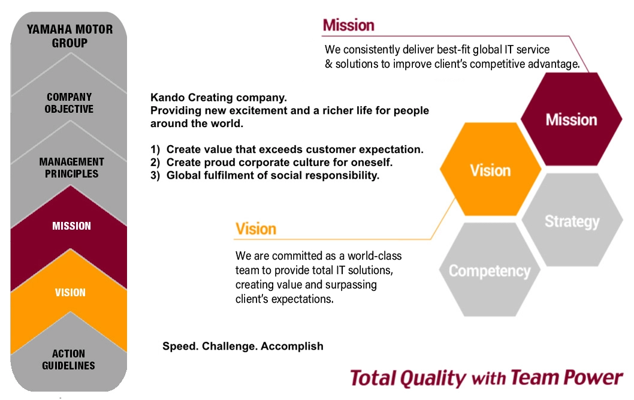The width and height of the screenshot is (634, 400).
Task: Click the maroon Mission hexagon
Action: pos(571,119)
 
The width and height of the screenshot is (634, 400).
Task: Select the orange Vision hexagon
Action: pos(490,169)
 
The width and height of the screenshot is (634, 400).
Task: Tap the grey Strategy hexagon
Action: pos(572,220)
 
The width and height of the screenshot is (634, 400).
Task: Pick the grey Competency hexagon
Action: pos(490,270)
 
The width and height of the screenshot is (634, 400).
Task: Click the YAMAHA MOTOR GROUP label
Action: pos(70,36)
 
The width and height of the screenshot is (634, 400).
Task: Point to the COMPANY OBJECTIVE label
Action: pos(69,103)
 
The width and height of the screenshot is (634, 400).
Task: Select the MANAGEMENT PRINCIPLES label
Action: pos(71,167)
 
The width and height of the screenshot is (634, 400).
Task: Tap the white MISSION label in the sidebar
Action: pos(71,225)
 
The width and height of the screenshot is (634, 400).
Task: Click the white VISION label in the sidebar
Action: pos(70,293)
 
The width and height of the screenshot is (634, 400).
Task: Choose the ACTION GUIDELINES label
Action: pos(69,359)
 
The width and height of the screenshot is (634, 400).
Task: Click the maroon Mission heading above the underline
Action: pos(349,25)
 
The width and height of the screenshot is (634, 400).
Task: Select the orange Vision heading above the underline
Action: pos(256,229)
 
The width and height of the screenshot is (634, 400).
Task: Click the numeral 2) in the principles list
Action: pos(155,163)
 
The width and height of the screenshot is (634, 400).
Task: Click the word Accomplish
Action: pos(292,346)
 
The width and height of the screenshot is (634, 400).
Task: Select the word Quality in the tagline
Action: pos(433,378)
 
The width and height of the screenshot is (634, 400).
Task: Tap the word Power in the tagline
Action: pos(593,377)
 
